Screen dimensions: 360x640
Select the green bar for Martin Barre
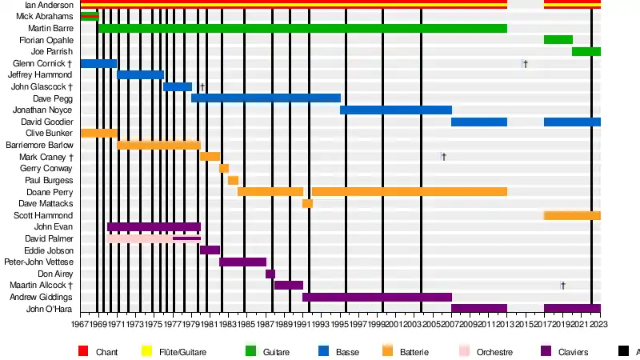(x=302, y=28)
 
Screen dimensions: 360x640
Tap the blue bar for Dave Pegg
(x=266, y=98)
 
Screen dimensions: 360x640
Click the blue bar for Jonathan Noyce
(x=396, y=110)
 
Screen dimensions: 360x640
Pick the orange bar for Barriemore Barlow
(x=158, y=145)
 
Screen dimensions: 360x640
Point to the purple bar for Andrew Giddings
(x=377, y=297)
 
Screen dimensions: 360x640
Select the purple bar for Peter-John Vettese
(x=242, y=262)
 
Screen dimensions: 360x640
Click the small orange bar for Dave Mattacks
(x=307, y=203)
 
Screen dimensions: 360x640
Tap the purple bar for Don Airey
(x=270, y=274)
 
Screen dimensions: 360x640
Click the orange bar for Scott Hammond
(x=572, y=215)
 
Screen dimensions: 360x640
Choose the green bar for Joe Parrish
(x=586, y=51)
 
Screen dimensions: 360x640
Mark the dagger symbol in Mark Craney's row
(x=443, y=157)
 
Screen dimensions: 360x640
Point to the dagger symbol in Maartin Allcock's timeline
(x=562, y=286)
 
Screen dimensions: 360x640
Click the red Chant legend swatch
(x=83, y=351)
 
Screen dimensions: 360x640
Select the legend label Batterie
(x=414, y=352)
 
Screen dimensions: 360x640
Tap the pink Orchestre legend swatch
(x=465, y=351)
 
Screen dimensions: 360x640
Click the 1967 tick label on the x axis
(x=80, y=324)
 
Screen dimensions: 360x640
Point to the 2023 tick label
(x=600, y=324)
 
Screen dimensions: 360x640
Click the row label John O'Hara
(x=50, y=309)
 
